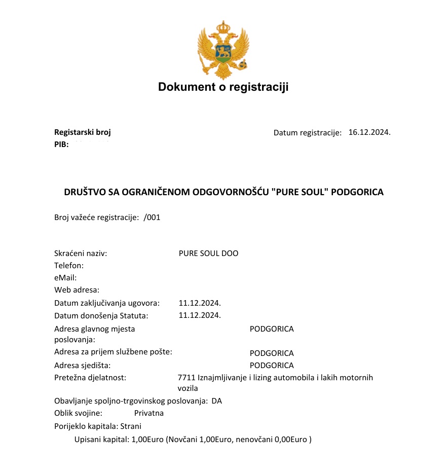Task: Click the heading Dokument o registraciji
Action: click(x=223, y=87)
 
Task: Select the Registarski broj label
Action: click(x=83, y=133)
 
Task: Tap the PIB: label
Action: click(x=61, y=144)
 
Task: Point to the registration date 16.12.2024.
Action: click(x=369, y=133)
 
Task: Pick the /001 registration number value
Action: click(x=152, y=218)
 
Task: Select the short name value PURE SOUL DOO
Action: click(x=208, y=253)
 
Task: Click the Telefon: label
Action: click(x=69, y=266)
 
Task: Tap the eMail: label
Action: click(x=65, y=278)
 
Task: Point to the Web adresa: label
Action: click(x=77, y=290)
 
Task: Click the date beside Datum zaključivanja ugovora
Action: click(x=200, y=303)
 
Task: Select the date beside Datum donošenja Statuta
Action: click(x=200, y=315)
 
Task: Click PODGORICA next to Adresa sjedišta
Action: click(x=272, y=366)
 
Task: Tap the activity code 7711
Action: click(x=187, y=378)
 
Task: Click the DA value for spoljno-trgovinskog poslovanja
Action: click(x=217, y=401)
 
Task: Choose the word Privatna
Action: click(x=149, y=413)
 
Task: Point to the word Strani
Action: click(x=131, y=426)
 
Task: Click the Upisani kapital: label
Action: click(x=101, y=440)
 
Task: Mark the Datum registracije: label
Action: click(x=308, y=133)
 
